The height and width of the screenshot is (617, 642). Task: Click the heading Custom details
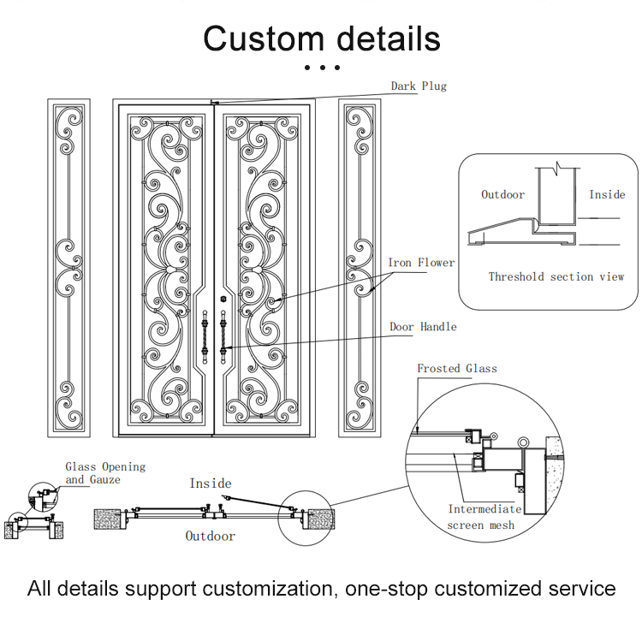click(321, 39)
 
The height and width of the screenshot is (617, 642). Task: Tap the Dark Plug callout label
click(419, 86)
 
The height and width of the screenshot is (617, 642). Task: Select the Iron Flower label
click(421, 263)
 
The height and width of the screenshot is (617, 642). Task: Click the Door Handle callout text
click(423, 327)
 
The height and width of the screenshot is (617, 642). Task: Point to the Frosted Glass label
click(456, 369)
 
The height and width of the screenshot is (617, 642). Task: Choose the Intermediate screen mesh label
click(484, 517)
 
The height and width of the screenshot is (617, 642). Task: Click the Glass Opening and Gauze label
click(105, 473)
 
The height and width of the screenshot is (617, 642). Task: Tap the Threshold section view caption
click(556, 276)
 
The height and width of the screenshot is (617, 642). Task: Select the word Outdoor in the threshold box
click(502, 194)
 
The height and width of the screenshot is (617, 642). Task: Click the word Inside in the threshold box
click(607, 194)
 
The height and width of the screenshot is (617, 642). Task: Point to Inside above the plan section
click(211, 484)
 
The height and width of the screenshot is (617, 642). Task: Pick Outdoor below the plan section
click(211, 537)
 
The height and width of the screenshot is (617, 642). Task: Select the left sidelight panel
click(68, 268)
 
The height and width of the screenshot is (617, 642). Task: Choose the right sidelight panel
click(360, 268)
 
